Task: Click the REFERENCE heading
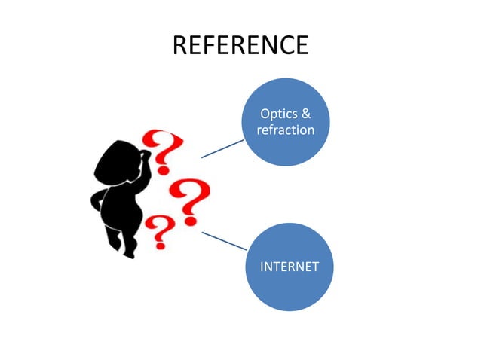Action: coord(240,45)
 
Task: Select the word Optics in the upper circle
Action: coord(279,114)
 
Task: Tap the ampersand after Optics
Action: coord(306,114)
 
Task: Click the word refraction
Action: coord(286,130)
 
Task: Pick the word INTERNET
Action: coord(290,267)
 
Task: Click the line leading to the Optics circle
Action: coord(222,149)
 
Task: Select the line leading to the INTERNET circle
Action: coord(224,241)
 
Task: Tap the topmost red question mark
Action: coord(163,151)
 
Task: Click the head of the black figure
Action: coord(116,163)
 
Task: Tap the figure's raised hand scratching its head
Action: coord(146,154)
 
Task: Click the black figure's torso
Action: coord(121,206)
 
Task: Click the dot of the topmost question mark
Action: coord(163,169)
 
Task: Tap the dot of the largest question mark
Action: coord(190,221)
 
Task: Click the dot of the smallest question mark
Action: coord(160,245)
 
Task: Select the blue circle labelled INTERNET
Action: coord(290,267)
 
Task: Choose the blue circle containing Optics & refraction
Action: coord(286,122)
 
